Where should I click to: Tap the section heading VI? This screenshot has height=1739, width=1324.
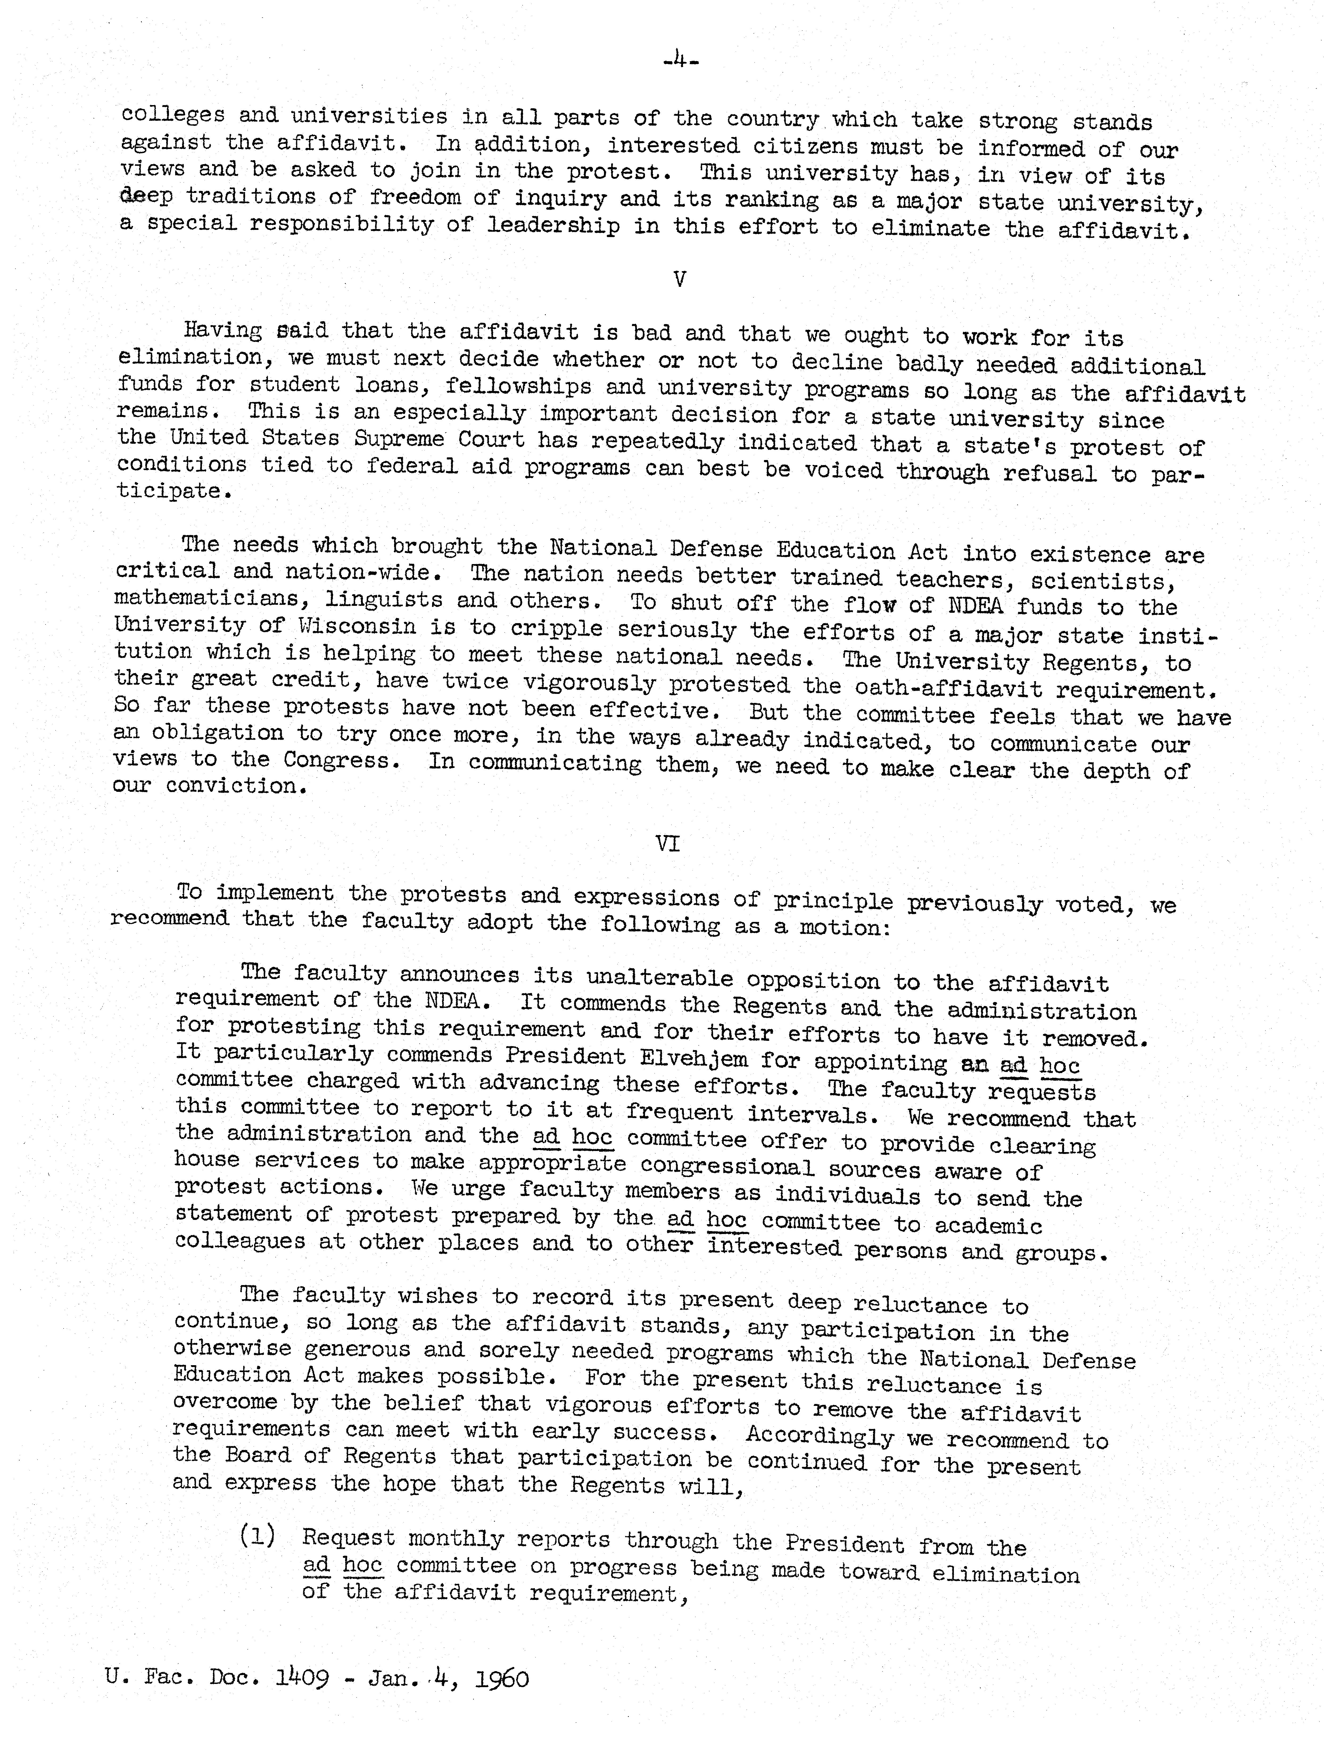click(668, 844)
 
